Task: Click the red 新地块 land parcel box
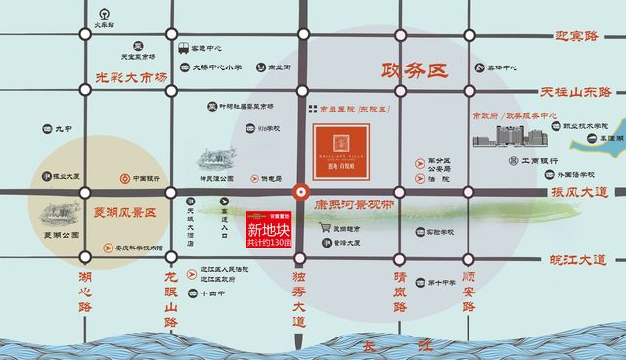coord(268,229)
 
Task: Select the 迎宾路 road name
coord(562,36)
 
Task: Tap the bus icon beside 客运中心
coord(183,47)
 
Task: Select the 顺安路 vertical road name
coord(467,290)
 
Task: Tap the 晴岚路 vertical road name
coord(399,290)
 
